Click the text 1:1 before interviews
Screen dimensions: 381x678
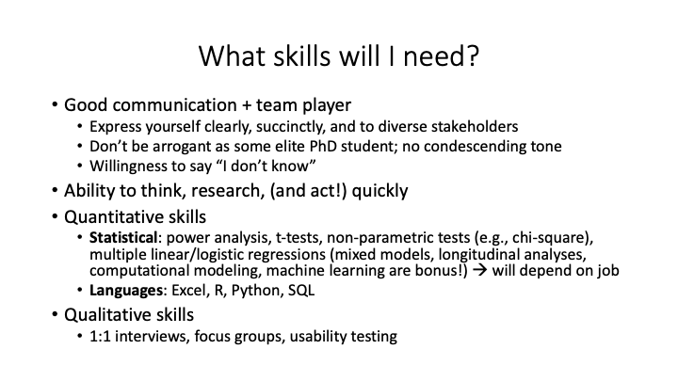click(103, 335)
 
